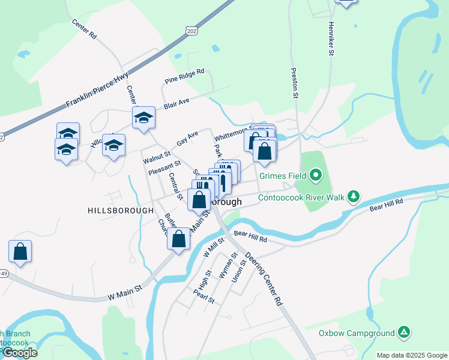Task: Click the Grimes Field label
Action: tap(283, 176)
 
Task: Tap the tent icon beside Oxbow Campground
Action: tap(405, 332)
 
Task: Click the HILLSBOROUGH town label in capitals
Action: tap(121, 211)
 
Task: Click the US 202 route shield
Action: tap(191, 30)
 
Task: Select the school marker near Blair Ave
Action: tap(143, 118)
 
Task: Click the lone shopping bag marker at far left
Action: tap(20, 251)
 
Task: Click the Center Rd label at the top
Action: tap(84, 29)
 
